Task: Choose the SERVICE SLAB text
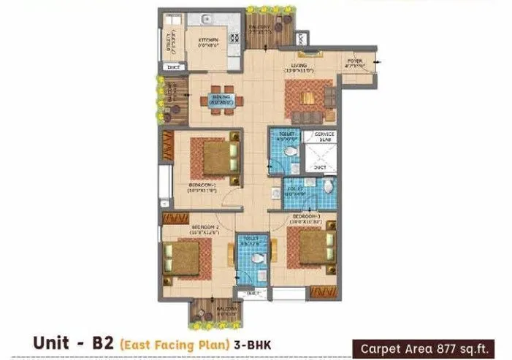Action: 320,138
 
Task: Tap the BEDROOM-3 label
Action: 305,218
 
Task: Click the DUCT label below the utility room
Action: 173,67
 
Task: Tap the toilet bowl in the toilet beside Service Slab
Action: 291,151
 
